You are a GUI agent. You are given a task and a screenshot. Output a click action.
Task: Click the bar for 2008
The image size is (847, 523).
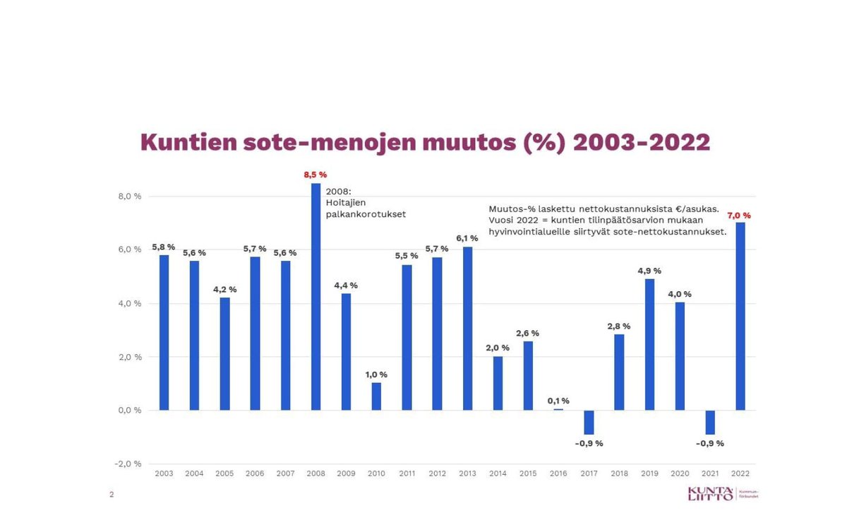316,297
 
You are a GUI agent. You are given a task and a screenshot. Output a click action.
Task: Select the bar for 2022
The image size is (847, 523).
740,317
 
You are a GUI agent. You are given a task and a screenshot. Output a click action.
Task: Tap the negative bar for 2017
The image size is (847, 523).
589,422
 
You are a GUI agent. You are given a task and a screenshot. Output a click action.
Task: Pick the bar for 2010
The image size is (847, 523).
376,396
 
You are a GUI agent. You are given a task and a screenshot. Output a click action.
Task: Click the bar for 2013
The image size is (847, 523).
467,329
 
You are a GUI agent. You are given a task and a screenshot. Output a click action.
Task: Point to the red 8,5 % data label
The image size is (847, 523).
316,175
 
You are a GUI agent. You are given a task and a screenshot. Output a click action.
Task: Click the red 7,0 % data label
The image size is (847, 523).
739,215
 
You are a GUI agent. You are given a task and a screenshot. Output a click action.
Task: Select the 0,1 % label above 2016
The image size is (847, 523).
558,401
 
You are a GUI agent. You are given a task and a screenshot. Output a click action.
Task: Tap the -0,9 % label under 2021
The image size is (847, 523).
709,444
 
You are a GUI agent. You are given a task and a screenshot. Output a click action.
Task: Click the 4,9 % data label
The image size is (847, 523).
649,270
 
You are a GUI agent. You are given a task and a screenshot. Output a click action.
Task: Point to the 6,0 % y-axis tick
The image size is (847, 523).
129,250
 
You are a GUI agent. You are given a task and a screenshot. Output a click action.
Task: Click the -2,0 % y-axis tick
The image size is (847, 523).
128,464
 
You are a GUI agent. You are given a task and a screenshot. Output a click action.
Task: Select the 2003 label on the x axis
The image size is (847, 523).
164,474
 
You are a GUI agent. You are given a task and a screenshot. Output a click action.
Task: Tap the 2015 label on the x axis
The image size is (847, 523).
528,474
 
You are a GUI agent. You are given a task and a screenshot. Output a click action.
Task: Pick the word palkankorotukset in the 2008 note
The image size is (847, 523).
366,214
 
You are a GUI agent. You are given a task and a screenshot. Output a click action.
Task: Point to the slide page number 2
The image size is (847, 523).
112,495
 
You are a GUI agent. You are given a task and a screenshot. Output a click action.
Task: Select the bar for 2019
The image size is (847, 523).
649,345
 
